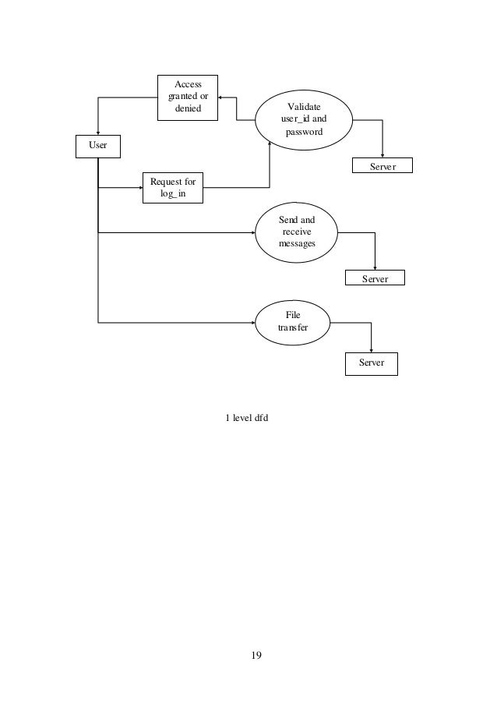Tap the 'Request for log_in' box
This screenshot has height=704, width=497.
[172, 188]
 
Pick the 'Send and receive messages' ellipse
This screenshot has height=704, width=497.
[297, 232]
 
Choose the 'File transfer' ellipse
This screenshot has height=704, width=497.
[292, 322]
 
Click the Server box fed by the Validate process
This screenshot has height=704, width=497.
[382, 166]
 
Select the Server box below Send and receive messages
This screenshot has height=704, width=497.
[375, 278]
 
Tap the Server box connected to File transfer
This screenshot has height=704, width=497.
[371, 363]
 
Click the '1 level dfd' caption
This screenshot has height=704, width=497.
[247, 418]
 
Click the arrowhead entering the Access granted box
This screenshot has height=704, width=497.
[221, 97]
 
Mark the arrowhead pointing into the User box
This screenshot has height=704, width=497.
[97, 133]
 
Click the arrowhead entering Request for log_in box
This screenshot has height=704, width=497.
[139, 188]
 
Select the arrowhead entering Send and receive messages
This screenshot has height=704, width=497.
[253, 232]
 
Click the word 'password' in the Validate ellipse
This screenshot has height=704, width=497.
[303, 133]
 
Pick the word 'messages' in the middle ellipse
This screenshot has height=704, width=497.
[297, 245]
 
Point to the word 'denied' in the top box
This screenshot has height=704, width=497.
[188, 108]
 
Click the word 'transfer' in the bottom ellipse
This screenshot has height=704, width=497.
[293, 328]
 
